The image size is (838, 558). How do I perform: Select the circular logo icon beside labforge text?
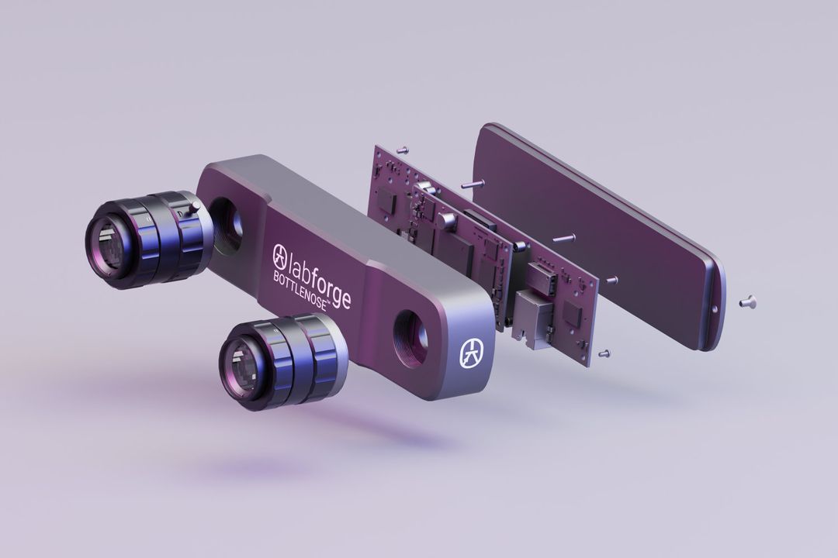click(x=280, y=253)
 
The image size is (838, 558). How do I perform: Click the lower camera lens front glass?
click(x=237, y=362)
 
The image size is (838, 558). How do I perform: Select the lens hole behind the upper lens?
click(x=227, y=224)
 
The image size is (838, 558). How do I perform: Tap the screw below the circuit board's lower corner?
click(x=604, y=353)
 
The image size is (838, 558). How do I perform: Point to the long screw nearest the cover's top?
click(x=473, y=184)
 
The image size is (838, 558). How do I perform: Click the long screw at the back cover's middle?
click(x=564, y=238)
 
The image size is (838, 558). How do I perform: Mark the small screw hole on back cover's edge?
click(x=715, y=309)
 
